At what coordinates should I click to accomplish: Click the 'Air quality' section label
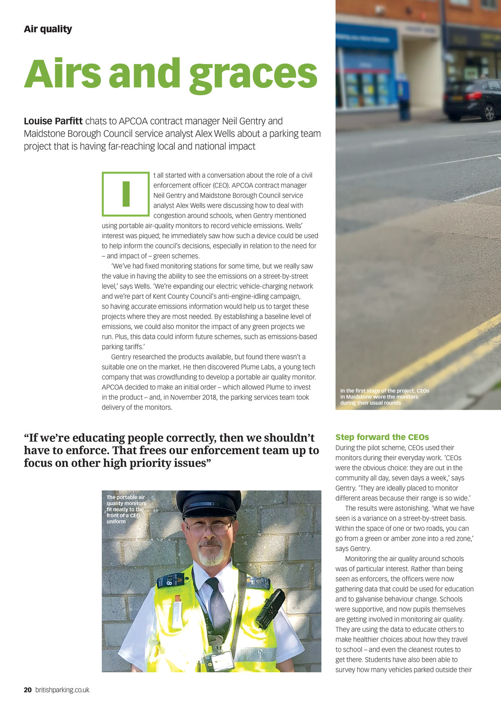48,29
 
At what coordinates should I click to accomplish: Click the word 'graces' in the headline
253,74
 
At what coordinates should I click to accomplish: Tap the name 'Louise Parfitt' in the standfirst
53,121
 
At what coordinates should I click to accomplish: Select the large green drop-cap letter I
126,194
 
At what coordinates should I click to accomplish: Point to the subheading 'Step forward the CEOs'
382,437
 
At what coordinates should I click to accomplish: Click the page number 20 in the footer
28,690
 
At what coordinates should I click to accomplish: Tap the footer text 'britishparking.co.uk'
62,690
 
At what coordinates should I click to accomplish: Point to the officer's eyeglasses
209,528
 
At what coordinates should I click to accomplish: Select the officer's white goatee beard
211,556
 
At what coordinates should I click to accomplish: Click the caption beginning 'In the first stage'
385,397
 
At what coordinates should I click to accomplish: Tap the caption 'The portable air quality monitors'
126,509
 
